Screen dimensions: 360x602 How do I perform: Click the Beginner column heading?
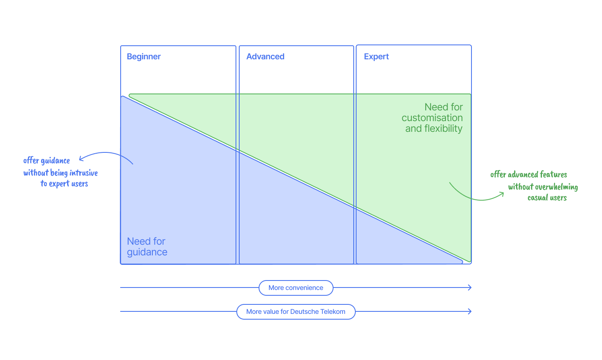(143, 56)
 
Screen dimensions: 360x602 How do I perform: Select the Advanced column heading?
(265, 56)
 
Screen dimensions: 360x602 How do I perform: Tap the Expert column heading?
(376, 56)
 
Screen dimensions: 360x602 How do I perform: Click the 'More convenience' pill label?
(296, 288)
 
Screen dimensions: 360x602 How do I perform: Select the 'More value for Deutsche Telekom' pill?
(296, 312)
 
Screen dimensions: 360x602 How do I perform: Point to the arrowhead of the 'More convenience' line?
(470, 288)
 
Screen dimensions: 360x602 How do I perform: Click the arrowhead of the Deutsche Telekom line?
(470, 311)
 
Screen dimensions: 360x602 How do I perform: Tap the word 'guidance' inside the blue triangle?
(147, 252)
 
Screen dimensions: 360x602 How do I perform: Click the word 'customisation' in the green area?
(432, 118)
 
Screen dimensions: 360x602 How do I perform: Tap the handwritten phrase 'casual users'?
(547, 198)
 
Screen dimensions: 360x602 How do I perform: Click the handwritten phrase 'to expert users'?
(64, 184)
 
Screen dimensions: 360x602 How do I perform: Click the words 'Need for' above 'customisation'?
(443, 107)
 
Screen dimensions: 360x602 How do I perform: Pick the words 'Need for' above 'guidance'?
(146, 241)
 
